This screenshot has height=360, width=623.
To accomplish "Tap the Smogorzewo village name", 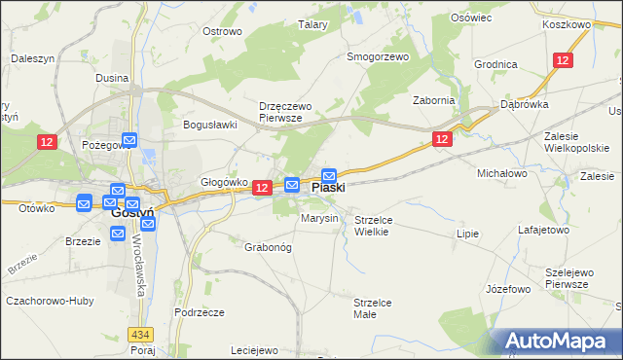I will pyautogui.click(x=378, y=56).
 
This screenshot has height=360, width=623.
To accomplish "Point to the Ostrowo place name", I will pyautogui.click(x=222, y=31).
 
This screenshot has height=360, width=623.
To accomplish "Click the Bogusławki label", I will pyautogui.click(x=210, y=125).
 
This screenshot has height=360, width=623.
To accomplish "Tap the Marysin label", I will pyautogui.click(x=319, y=218).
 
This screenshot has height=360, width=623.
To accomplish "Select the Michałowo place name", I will pyautogui.click(x=500, y=173).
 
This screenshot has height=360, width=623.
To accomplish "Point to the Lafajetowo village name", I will pyautogui.click(x=543, y=231).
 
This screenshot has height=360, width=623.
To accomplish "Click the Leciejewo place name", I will pyautogui.click(x=255, y=350).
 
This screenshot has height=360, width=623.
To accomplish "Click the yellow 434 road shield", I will pyautogui.click(x=141, y=335).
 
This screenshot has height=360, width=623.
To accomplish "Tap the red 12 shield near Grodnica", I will pyautogui.click(x=563, y=60).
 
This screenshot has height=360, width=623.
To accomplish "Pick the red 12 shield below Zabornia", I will pyautogui.click(x=442, y=141).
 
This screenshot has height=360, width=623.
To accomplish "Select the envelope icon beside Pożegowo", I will pyautogui.click(x=130, y=141).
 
